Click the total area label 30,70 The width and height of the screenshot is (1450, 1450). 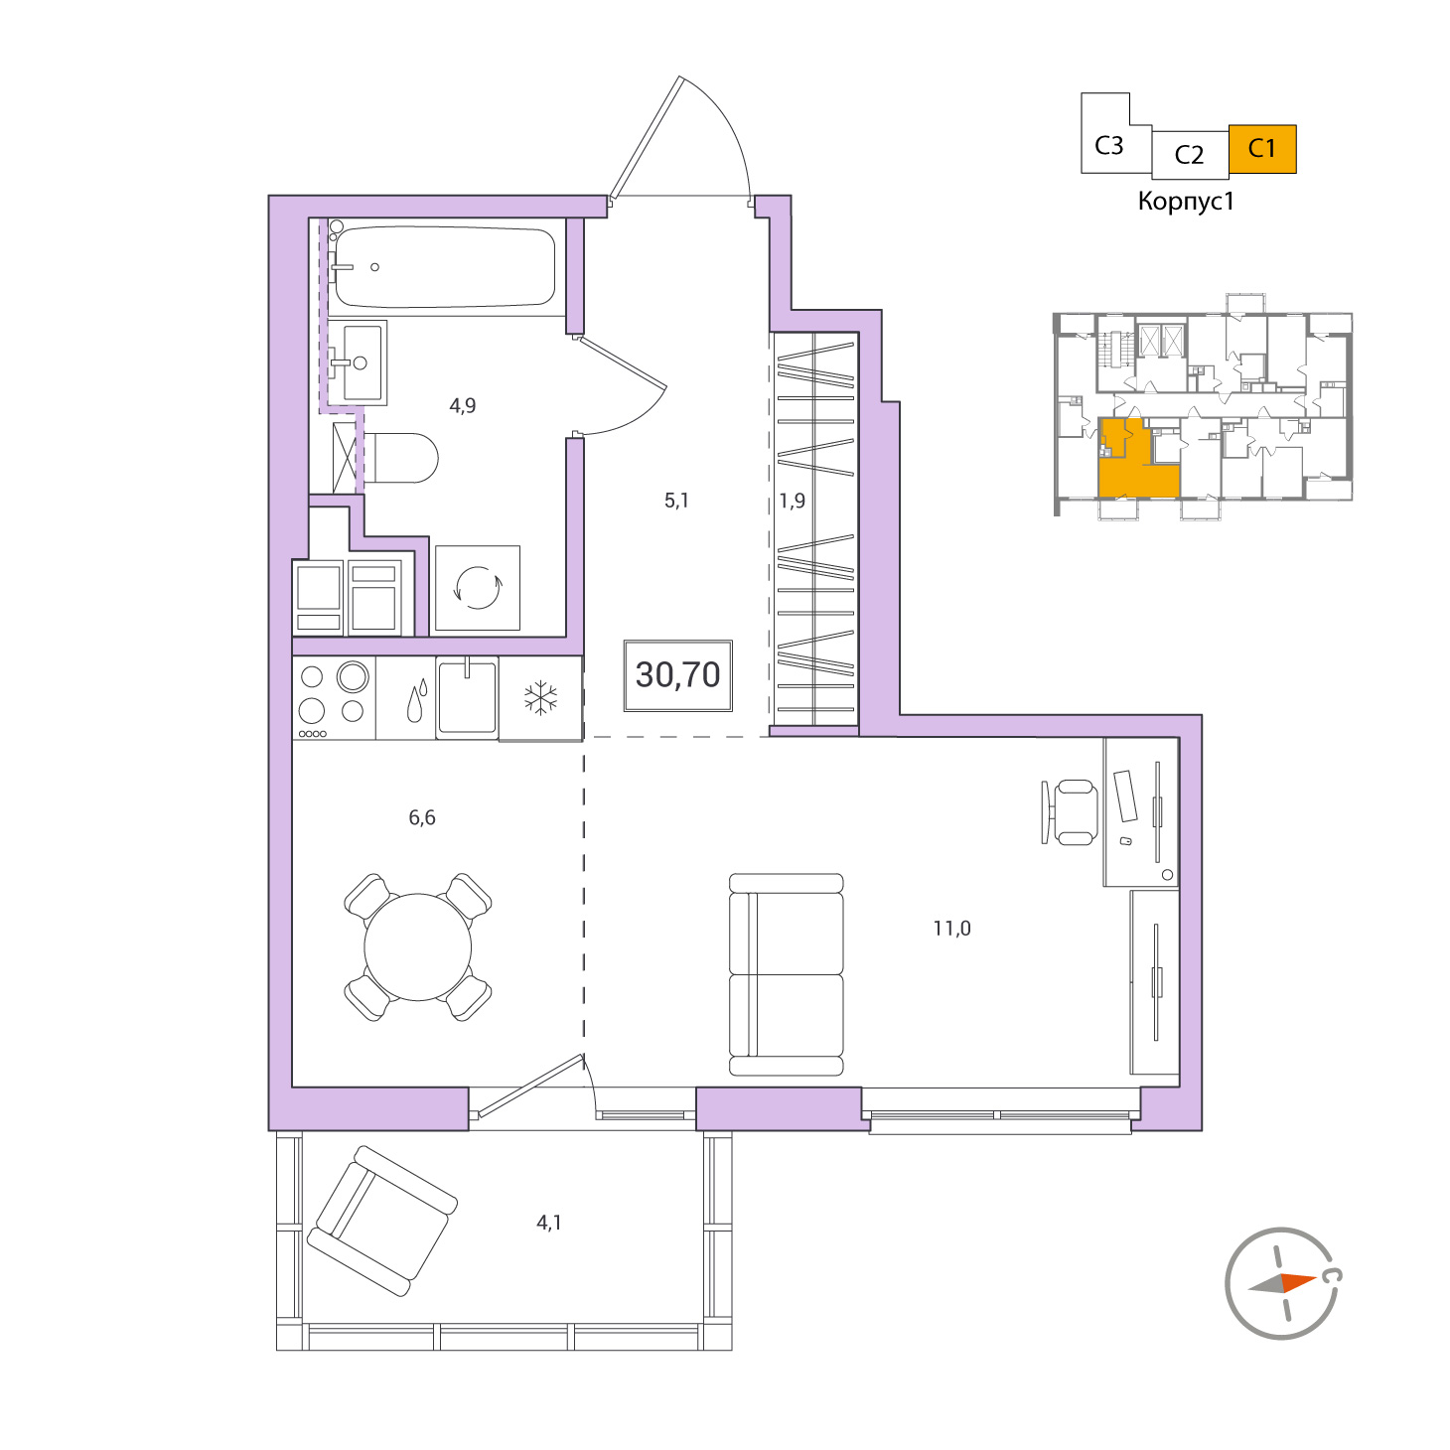pyautogui.click(x=677, y=675)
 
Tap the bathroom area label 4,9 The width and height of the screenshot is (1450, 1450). pyautogui.click(x=462, y=405)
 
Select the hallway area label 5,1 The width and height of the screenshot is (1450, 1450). pyautogui.click(x=675, y=501)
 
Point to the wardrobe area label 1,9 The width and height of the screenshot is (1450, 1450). pyautogui.click(x=792, y=501)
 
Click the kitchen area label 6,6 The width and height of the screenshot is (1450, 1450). pyautogui.click(x=421, y=817)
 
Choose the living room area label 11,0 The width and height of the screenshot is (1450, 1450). pyautogui.click(x=951, y=929)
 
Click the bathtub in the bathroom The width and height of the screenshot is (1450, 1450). pyautogui.click(x=445, y=267)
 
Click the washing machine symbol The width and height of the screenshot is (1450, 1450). pyautogui.click(x=477, y=588)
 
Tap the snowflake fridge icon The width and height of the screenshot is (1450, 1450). pyautogui.click(x=540, y=697)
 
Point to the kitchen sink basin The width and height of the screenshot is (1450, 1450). pyautogui.click(x=467, y=697)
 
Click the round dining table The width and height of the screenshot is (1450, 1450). pyautogui.click(x=417, y=946)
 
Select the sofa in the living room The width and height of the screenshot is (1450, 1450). pyautogui.click(x=786, y=974)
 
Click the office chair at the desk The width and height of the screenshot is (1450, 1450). pyautogui.click(x=1070, y=812)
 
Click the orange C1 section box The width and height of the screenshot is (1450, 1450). pyautogui.click(x=1262, y=149)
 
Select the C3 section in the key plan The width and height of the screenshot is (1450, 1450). pyautogui.click(x=1109, y=145)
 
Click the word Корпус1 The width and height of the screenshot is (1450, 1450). pyautogui.click(x=1186, y=202)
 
